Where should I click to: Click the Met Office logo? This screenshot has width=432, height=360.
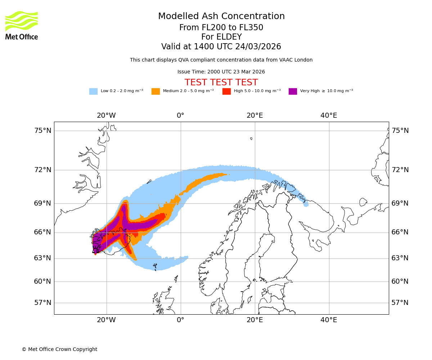(x=22, y=25)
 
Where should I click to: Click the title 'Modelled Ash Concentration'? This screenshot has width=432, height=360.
(x=221, y=17)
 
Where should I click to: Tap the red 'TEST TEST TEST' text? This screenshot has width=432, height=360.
(x=221, y=83)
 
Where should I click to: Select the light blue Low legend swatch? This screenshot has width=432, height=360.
(x=93, y=91)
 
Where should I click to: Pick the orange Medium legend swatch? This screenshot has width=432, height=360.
(x=156, y=91)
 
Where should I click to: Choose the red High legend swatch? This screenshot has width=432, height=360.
(x=226, y=91)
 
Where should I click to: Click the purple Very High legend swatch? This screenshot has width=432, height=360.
(x=293, y=91)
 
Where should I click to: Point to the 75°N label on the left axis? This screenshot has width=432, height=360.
(x=43, y=131)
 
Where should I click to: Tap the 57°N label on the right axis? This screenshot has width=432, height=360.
(x=400, y=303)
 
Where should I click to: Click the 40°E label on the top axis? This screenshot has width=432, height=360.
(x=329, y=116)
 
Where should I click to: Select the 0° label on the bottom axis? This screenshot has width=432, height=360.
(x=180, y=320)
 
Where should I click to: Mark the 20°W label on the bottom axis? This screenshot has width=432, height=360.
(x=106, y=320)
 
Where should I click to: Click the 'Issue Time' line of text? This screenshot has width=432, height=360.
(x=221, y=72)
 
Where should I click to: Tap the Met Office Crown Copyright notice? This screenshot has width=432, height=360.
(x=59, y=350)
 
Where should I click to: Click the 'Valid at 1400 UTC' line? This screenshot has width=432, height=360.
(x=221, y=47)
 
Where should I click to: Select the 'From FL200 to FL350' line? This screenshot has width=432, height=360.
(x=221, y=28)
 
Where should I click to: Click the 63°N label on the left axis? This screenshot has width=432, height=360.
(x=43, y=258)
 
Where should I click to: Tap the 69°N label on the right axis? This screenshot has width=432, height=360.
(x=400, y=203)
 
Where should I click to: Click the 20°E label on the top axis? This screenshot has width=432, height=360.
(x=255, y=116)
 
